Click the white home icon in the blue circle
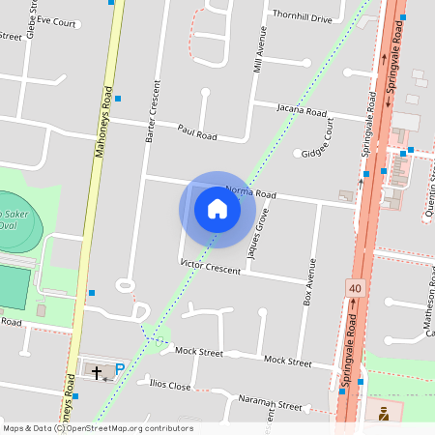pos(217,209)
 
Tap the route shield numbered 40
pos(354,288)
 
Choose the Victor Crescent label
pos(210,267)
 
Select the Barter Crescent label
pos(151,112)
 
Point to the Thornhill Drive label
pos(302,18)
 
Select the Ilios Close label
pos(170,384)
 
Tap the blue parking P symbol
pos(120,368)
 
